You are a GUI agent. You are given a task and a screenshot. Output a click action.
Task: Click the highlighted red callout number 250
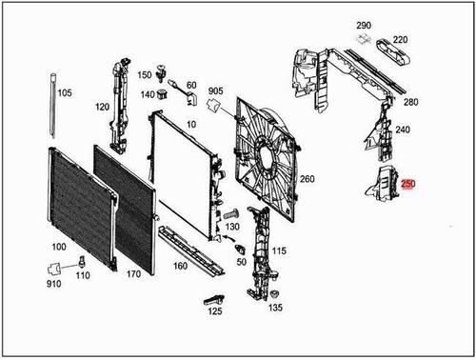tap(408, 184)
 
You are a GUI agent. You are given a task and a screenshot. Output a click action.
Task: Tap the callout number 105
tap(65, 93)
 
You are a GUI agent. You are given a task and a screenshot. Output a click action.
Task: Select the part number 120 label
tap(102, 107)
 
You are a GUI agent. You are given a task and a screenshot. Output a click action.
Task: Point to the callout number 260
tap(307, 178)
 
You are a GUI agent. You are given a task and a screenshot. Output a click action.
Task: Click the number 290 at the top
tap(363, 25)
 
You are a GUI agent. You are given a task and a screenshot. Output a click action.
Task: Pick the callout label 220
tap(400, 39)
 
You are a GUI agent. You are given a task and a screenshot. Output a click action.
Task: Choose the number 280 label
tap(410, 101)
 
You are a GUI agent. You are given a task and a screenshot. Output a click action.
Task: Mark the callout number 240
tap(403, 130)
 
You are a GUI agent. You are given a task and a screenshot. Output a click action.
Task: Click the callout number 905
tap(215, 90)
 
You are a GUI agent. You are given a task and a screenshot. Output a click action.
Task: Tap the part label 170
tap(133, 273)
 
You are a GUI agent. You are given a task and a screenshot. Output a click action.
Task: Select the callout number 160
tap(180, 266)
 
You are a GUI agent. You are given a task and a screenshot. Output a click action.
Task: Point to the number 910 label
tap(53, 284)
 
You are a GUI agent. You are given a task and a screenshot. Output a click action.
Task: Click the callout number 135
tap(275, 308)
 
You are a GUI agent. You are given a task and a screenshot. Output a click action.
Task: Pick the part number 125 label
tap(215, 310)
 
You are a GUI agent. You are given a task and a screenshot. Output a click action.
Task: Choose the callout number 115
tap(279, 250)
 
